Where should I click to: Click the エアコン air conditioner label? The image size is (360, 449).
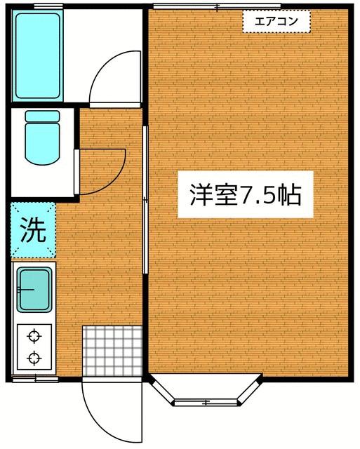pyautogui.click(x=276, y=22)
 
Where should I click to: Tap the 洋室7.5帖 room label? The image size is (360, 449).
pyautogui.click(x=245, y=194)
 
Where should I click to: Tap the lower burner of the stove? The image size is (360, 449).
pyautogui.click(x=33, y=358)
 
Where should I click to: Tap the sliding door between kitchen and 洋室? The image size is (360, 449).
pyautogui.click(x=145, y=200)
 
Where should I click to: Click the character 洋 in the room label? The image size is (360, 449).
pyautogui.click(x=201, y=194)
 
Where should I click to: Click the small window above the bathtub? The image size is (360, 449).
pyautogui.click(x=46, y=6)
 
